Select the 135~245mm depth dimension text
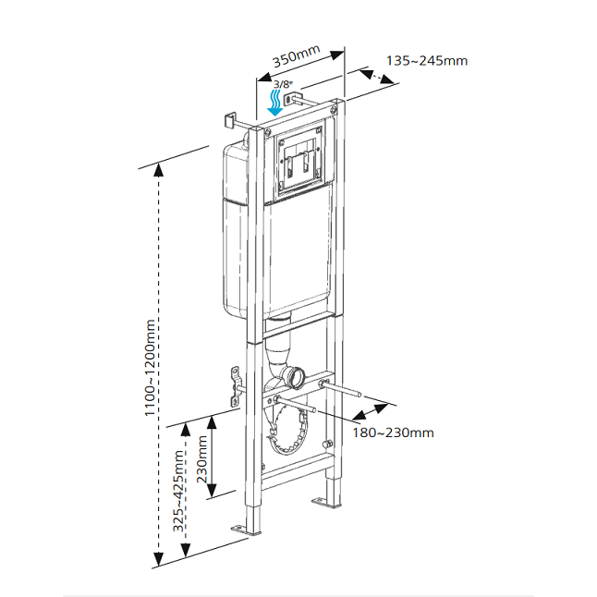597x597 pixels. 427,61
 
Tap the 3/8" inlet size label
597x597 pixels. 281,85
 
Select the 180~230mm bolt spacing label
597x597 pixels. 394,433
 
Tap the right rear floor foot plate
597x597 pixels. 322,502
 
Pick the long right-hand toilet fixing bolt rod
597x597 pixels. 344,389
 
